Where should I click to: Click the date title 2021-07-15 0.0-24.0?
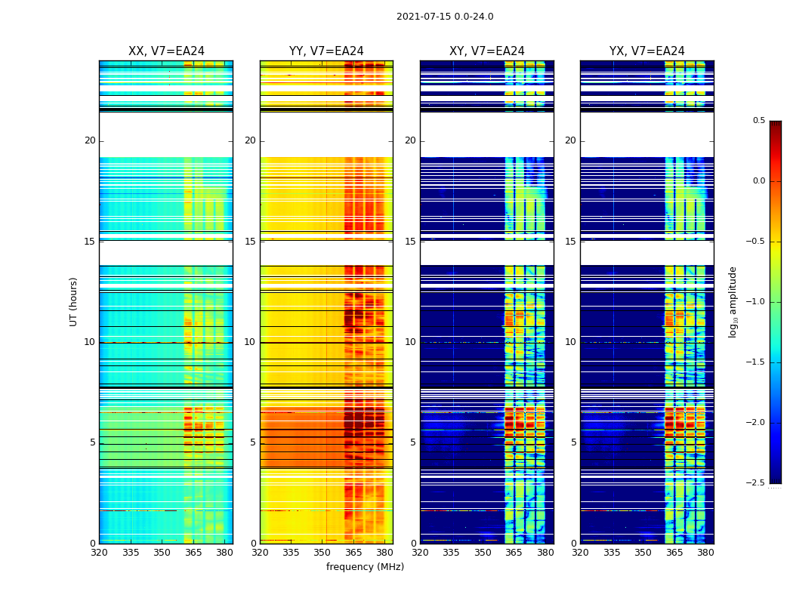(x=445, y=17)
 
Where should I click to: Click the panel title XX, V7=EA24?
(x=166, y=51)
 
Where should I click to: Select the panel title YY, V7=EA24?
(x=326, y=51)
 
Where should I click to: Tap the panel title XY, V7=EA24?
(x=487, y=51)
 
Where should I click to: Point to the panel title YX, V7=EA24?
(x=647, y=51)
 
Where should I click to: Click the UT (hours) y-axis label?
(x=73, y=301)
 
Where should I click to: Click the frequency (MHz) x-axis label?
(x=365, y=567)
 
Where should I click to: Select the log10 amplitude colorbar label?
(x=733, y=301)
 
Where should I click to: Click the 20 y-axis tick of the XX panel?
(x=90, y=140)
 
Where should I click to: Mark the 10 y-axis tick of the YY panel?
(x=250, y=342)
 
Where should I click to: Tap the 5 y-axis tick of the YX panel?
(x=573, y=442)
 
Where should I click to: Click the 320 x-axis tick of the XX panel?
(x=99, y=553)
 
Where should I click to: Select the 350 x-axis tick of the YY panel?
(x=322, y=553)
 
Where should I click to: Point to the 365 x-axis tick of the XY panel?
(x=514, y=553)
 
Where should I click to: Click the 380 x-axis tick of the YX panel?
(x=705, y=553)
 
